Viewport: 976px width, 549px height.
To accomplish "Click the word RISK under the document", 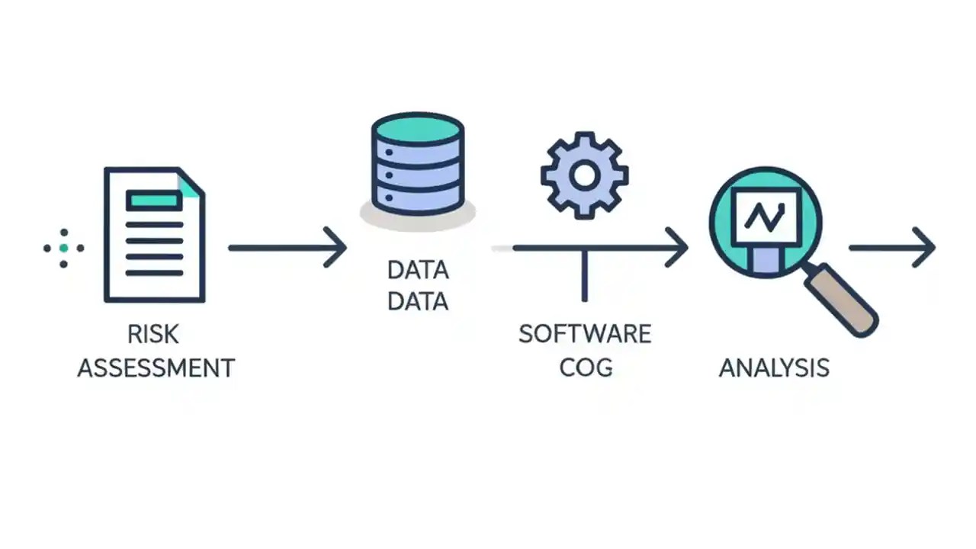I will [x=153, y=334].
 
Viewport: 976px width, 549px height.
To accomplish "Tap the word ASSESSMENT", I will [x=156, y=368].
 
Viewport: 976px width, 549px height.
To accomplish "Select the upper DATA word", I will [x=418, y=270].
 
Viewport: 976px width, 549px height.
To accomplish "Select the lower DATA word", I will [x=418, y=301].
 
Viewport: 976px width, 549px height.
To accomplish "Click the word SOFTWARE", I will [x=585, y=334].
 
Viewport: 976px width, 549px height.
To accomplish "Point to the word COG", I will [x=586, y=368].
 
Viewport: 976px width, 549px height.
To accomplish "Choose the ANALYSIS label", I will [x=774, y=368].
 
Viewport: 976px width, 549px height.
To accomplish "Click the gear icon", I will [x=584, y=175].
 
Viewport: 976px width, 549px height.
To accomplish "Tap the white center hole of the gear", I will [x=584, y=175].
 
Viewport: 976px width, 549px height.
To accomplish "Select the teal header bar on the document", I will [x=154, y=201].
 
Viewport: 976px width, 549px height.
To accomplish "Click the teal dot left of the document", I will [x=64, y=248].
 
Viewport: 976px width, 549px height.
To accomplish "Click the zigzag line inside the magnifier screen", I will [x=765, y=217].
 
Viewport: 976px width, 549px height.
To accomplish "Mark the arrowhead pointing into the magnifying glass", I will [x=677, y=247].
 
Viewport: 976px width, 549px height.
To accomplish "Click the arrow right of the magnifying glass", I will [x=892, y=247].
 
